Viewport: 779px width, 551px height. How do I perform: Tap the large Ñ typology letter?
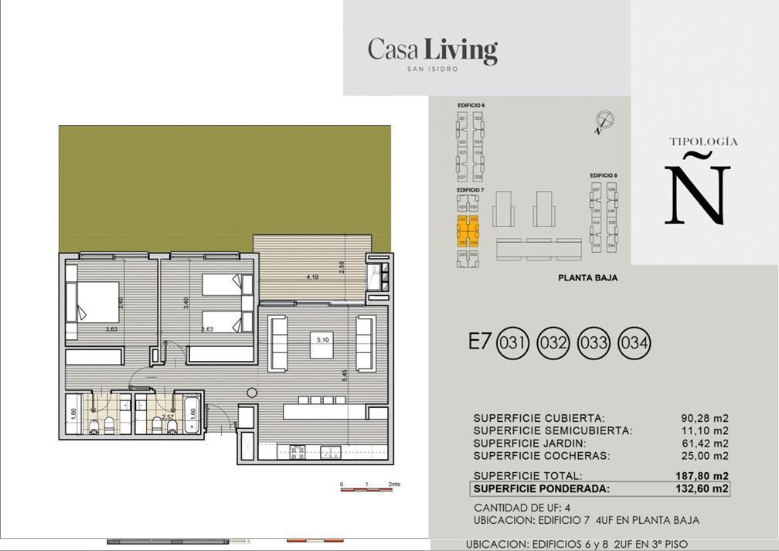(697, 189)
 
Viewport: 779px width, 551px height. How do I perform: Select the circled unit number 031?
(512, 343)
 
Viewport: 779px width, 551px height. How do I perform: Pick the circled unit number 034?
(634, 343)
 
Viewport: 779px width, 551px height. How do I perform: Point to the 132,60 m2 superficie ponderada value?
(700, 488)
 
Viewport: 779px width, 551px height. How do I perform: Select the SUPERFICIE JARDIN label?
(529, 444)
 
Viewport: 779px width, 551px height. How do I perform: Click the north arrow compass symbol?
(604, 121)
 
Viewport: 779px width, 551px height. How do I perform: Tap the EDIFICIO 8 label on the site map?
(603, 176)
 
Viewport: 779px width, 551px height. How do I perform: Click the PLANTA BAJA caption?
(587, 278)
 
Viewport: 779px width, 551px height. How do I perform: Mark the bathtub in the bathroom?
(191, 414)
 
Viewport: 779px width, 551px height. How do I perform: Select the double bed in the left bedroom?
(92, 301)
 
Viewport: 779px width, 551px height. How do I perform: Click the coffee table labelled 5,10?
(321, 345)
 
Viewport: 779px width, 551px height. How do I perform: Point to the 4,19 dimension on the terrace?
(312, 277)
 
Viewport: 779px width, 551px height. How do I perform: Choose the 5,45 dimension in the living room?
(345, 376)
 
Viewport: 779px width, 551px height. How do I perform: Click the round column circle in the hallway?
(251, 393)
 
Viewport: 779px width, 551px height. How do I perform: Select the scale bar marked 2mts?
(369, 487)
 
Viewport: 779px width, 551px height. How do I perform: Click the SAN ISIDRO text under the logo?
(432, 69)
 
